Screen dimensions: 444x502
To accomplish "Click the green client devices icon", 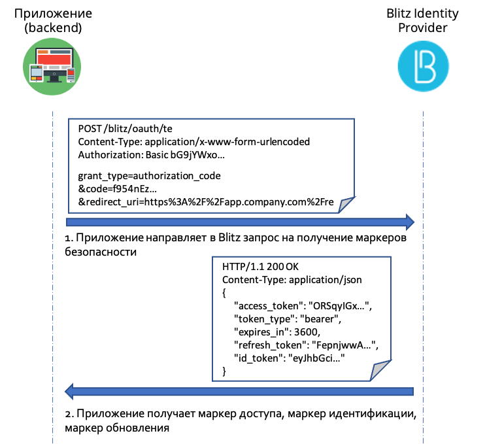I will click(x=52, y=66).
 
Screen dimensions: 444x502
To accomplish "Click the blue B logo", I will click(x=423, y=66).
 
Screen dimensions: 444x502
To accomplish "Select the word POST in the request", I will click(x=89, y=128).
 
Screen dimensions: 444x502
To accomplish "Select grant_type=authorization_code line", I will click(x=149, y=176).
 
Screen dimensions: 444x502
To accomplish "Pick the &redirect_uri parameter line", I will click(x=206, y=203).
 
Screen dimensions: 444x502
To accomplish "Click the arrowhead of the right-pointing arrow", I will click(x=410, y=222).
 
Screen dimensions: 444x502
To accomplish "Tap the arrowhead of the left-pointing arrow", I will click(x=69, y=391).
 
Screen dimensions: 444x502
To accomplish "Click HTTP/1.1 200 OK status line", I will click(x=261, y=267).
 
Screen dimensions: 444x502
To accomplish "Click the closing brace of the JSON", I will click(x=224, y=371).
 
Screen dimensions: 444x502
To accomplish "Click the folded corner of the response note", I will click(x=382, y=371).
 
